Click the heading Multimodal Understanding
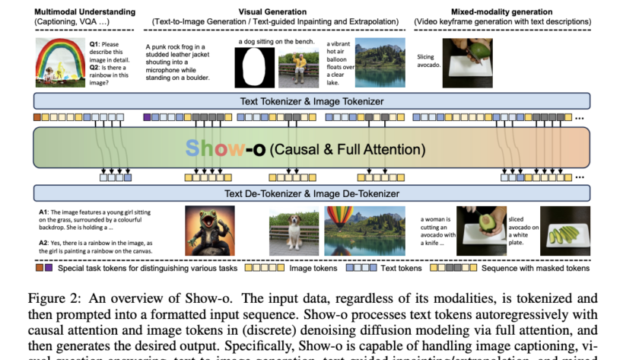click(x=83, y=11)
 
